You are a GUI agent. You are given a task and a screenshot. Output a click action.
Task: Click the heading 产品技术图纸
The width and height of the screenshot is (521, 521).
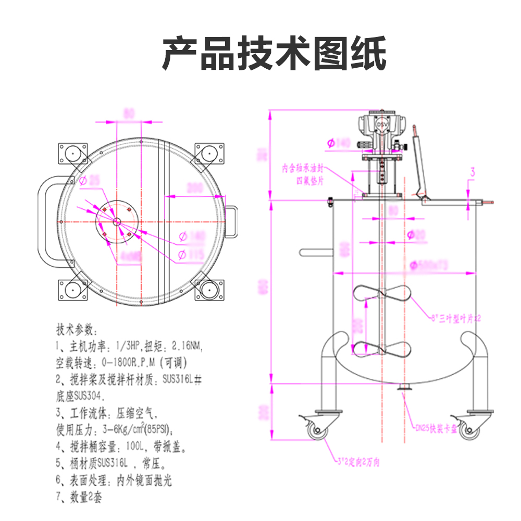pyautogui.click(x=274, y=54)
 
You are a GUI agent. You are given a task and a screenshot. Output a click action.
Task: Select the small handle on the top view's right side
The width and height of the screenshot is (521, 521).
pyautogui.click(x=232, y=221)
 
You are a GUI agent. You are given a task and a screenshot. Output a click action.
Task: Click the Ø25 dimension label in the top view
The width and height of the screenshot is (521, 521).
pyautogui.click(x=89, y=181)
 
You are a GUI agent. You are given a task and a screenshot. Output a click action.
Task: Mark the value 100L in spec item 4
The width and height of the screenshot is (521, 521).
pyautogui.click(x=138, y=446)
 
